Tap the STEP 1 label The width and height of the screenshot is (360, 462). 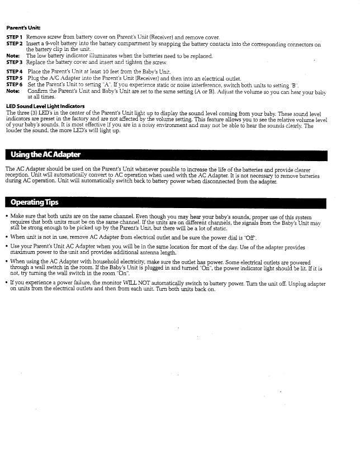click(x=15, y=37)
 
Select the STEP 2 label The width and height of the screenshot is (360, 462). click(x=15, y=44)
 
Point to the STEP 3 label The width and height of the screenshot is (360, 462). click(x=15, y=62)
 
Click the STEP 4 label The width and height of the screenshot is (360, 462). click(x=15, y=72)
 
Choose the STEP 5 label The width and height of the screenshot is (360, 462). click(x=15, y=78)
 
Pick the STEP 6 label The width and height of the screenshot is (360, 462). click(x=15, y=84)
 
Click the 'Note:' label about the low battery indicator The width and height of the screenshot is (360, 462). click(x=13, y=56)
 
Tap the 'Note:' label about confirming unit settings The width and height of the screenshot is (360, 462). click(x=13, y=91)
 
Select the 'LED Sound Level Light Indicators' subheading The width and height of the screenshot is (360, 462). click(x=45, y=106)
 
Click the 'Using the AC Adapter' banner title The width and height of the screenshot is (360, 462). click(x=43, y=154)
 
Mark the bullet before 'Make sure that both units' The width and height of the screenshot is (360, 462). click(x=6, y=216)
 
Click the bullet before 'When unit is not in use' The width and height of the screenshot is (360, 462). click(x=6, y=237)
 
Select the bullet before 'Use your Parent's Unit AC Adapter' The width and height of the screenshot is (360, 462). click(x=6, y=247)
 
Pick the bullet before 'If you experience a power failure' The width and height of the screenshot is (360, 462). click(x=6, y=284)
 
